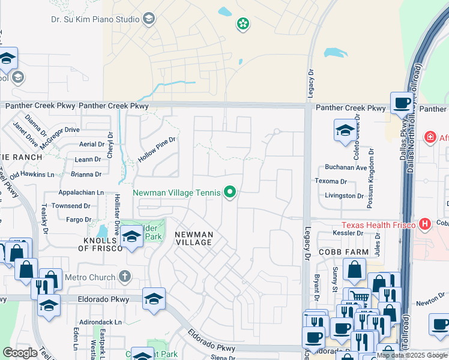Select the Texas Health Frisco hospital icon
[x=426, y=224]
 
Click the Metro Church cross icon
[x=124, y=277]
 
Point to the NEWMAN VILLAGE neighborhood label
[x=193, y=238]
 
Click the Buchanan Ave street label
[x=346, y=167]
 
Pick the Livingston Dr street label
[x=344, y=196]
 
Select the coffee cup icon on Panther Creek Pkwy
[x=402, y=102]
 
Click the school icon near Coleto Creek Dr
[x=345, y=130]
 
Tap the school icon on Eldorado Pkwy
[x=154, y=299]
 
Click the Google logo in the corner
[x=20, y=353]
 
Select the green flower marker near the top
[x=243, y=25]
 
